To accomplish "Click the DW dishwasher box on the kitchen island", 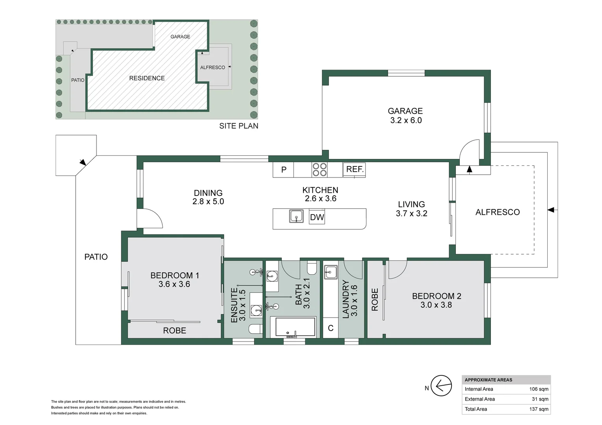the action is tap(317, 217).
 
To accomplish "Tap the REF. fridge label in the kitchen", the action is tap(355, 169).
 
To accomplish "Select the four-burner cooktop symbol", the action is tap(320, 170).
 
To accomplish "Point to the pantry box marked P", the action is tap(283, 170).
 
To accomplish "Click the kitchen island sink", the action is tap(296, 216).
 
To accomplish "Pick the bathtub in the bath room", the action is tap(295, 327).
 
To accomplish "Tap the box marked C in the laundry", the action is tap(331, 328).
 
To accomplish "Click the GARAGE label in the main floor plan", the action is tap(405, 111).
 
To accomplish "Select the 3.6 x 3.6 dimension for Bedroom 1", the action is tap(174, 284).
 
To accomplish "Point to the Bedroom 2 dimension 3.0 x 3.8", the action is tap(436, 305).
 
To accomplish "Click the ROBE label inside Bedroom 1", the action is tap(175, 331).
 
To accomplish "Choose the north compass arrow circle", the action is tap(441, 386).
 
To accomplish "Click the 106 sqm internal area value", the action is tap(539, 389).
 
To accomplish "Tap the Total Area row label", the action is tap(476, 409).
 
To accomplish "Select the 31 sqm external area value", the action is tap(540, 399).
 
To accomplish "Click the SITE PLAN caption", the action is tap(239, 126).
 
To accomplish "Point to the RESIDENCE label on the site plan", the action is tap(147, 78).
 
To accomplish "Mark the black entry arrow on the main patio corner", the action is tap(83, 162).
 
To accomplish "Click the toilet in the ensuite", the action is tap(255, 329).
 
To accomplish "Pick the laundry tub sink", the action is tap(331, 272).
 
